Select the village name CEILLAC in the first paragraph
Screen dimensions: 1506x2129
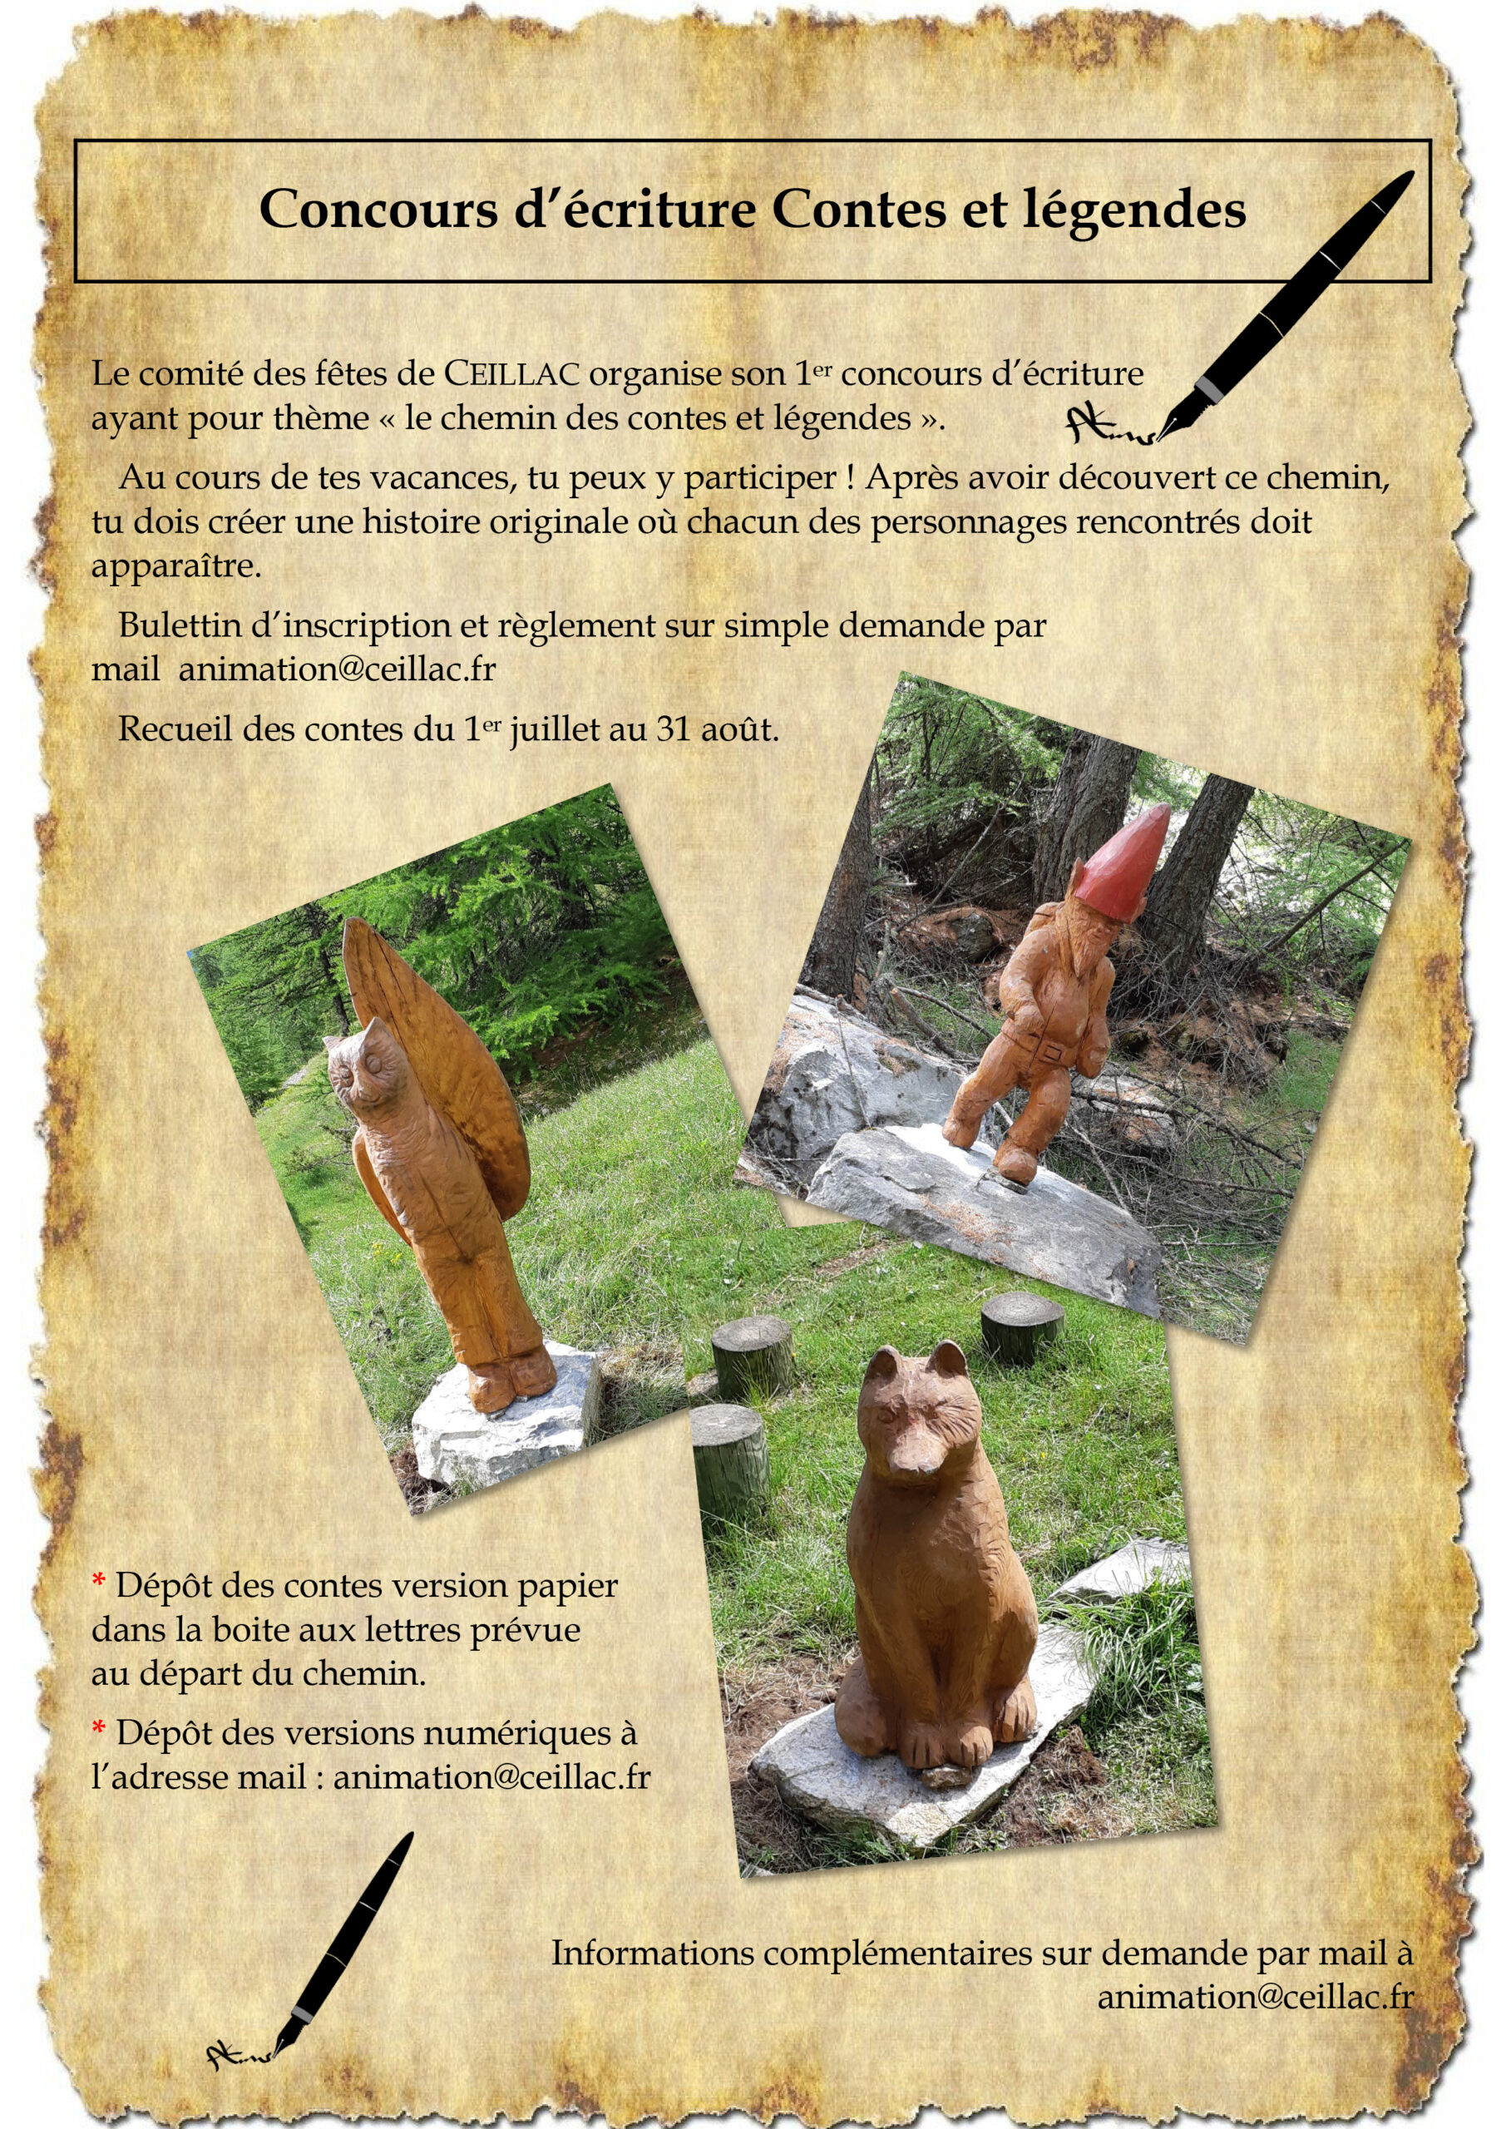[x=513, y=373]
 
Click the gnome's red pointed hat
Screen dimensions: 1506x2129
[x=1126, y=860]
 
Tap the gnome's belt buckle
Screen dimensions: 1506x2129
[x=1054, y=1053]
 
